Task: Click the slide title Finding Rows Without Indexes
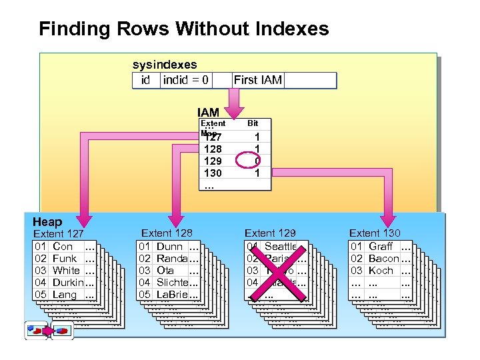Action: click(x=184, y=29)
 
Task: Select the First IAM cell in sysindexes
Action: click(x=258, y=81)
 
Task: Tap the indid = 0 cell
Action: click(x=186, y=81)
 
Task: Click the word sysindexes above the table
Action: click(x=165, y=65)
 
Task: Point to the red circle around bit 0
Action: click(x=257, y=161)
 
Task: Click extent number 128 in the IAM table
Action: click(x=213, y=149)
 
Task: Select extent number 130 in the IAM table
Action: click(x=213, y=173)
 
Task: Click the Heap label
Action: click(x=47, y=222)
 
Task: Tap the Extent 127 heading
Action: click(x=59, y=234)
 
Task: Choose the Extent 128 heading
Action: click(x=167, y=233)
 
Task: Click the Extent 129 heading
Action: click(x=270, y=233)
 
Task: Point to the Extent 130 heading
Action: click(x=375, y=233)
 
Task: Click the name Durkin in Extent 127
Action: click(x=68, y=283)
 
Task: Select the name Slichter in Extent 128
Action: click(x=173, y=283)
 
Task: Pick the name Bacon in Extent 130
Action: click(x=383, y=259)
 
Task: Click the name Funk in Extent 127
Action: click(x=65, y=259)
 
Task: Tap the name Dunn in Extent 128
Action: click(x=169, y=247)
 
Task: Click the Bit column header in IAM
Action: click(x=253, y=123)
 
